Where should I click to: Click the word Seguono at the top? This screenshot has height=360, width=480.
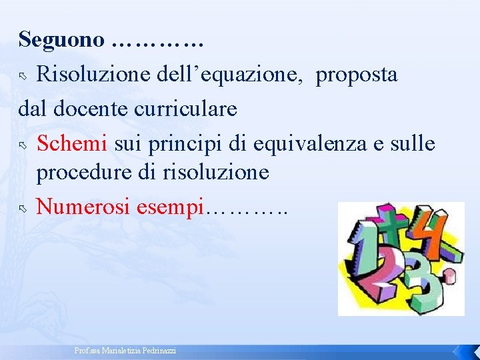[x=61, y=40]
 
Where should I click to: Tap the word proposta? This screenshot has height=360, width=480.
[x=357, y=75]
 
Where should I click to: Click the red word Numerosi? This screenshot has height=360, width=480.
[x=83, y=207]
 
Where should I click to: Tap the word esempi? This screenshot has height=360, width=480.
[x=170, y=207]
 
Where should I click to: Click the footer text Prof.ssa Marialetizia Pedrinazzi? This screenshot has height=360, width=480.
[x=125, y=351]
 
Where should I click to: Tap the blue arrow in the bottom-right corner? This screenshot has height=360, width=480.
[x=458, y=351]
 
